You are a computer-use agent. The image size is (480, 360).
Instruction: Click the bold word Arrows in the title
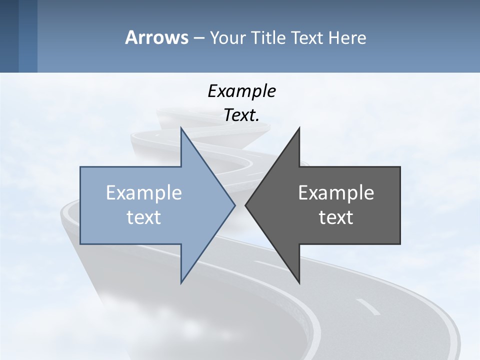156,37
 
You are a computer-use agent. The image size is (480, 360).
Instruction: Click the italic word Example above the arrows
241,91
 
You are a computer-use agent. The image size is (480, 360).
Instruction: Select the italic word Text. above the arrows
241,115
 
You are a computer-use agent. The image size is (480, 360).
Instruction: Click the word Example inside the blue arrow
144,193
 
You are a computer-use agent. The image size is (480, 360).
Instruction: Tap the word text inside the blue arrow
144,217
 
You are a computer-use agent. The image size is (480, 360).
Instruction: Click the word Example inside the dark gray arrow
336,193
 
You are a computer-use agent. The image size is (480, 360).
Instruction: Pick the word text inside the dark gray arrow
336,217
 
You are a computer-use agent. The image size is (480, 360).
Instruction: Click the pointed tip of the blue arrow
235,205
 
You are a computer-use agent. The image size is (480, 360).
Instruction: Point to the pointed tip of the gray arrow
245,205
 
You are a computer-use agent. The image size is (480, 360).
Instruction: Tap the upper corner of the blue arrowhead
181,128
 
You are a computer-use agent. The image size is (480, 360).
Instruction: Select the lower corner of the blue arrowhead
181,283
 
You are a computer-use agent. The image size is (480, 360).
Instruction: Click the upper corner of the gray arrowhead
299,128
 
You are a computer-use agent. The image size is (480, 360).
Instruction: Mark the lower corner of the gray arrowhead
299,283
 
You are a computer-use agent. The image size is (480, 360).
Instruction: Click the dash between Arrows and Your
198,38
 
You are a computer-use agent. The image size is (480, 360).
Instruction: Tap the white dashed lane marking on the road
368,306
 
